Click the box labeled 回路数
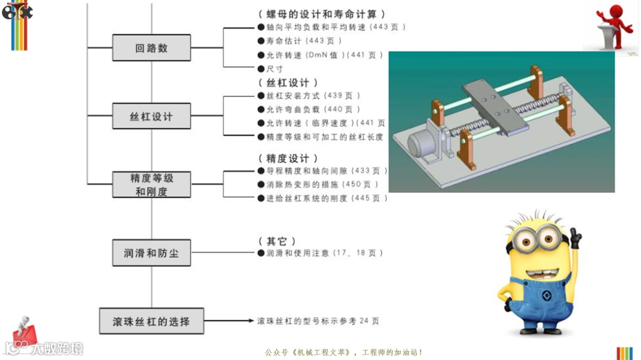tap(151, 48)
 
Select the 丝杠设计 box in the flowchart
tap(151, 116)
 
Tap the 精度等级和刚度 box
tap(151, 184)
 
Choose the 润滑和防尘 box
tap(151, 253)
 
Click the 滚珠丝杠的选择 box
tap(151, 321)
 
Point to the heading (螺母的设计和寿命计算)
tap(322, 14)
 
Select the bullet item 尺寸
tap(274, 69)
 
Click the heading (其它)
tap(277, 241)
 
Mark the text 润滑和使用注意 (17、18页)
tap(324, 253)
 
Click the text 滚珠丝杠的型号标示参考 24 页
tap(318, 321)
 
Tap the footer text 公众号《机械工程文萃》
tap(309, 352)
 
